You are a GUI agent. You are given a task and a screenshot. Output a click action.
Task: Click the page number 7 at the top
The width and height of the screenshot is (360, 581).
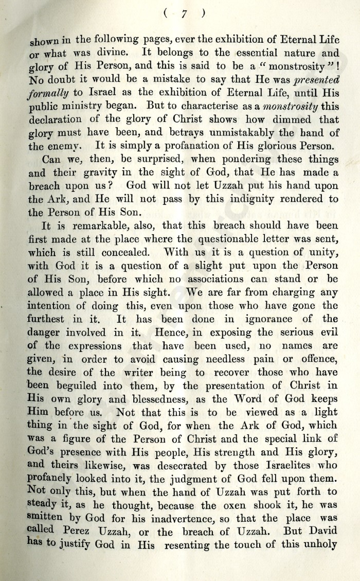pyautogui.click(x=183, y=15)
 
